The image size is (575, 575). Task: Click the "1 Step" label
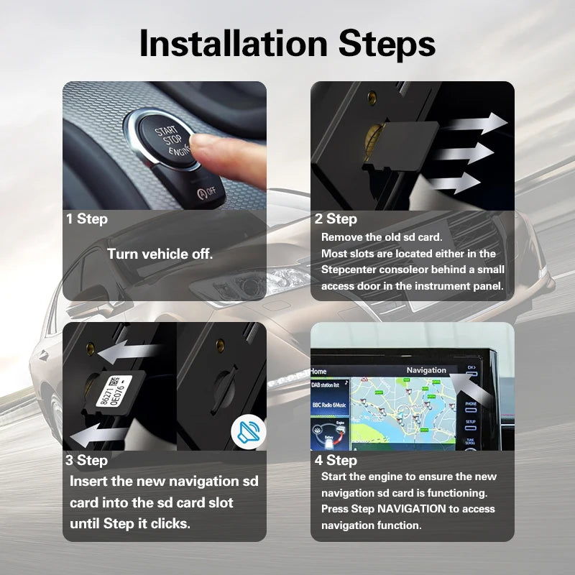(87, 218)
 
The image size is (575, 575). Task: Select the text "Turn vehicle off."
(160, 254)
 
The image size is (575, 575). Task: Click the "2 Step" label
(336, 218)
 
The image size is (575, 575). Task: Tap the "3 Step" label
(87, 460)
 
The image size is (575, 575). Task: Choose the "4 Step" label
(336, 460)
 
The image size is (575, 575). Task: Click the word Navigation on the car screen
(426, 370)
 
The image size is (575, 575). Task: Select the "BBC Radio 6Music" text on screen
(329, 405)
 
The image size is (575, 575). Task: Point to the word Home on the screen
(318, 372)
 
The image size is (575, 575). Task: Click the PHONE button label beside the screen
(471, 404)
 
